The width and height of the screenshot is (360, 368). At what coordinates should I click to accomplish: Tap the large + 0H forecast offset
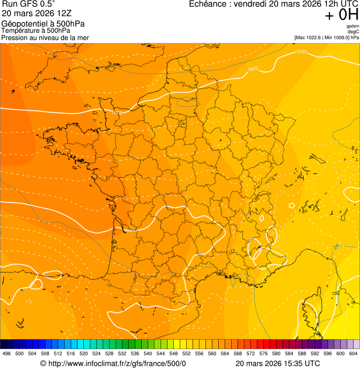point(342,15)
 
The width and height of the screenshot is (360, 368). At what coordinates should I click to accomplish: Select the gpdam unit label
point(353,26)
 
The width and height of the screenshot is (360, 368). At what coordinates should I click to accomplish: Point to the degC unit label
point(353,31)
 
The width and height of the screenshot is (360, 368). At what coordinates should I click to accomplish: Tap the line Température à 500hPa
point(36,30)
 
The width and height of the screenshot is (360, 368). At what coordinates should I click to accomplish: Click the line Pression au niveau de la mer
point(45,37)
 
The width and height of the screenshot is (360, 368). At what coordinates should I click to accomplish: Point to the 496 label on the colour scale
point(7,353)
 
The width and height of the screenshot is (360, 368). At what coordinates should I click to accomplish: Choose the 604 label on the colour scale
point(353,353)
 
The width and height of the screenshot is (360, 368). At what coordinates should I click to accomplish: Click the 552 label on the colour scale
point(186,353)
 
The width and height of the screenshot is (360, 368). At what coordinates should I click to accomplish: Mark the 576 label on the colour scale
point(264,353)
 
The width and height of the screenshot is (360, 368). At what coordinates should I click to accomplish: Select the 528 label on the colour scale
point(110,353)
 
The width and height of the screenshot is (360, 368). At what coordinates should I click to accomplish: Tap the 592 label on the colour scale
point(315,353)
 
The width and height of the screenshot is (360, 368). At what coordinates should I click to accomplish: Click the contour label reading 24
point(336,247)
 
